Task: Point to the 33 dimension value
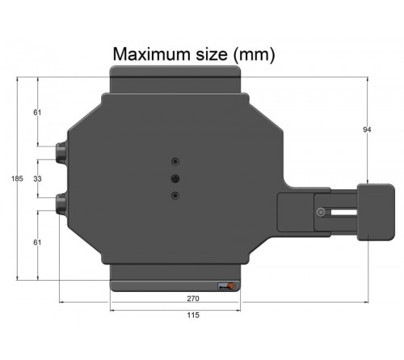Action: point(37,179)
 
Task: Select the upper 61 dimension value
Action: point(37,112)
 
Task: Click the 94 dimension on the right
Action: point(368,129)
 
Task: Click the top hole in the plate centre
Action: point(175,160)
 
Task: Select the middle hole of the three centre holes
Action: point(175,178)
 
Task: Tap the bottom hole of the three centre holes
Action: point(175,195)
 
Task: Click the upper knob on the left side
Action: point(61,154)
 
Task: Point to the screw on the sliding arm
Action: point(322,213)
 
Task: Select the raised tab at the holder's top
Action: point(175,79)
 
